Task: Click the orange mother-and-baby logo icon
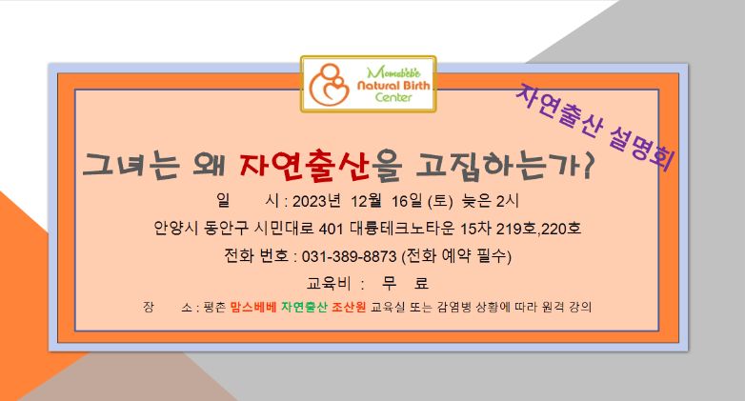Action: pos(329,84)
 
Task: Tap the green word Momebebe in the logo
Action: pos(393,72)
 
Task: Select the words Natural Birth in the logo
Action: pos(393,86)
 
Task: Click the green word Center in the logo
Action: pos(393,97)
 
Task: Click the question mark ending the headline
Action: pos(588,166)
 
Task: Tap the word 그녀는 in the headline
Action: pos(131,166)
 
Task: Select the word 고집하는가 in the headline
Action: pos(498,167)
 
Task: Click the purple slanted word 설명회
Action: pos(641,147)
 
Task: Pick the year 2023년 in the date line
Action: pos(316,201)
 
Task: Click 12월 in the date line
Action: pos(367,201)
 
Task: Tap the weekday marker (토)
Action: pos(440,201)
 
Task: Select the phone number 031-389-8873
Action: pos(350,256)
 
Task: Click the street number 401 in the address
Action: pos(331,229)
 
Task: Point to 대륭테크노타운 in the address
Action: pos(402,229)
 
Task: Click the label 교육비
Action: pos(329,284)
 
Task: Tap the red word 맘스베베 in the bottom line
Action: pos(253,307)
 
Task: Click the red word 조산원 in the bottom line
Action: pos(349,307)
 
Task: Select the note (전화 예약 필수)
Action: pos(456,256)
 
